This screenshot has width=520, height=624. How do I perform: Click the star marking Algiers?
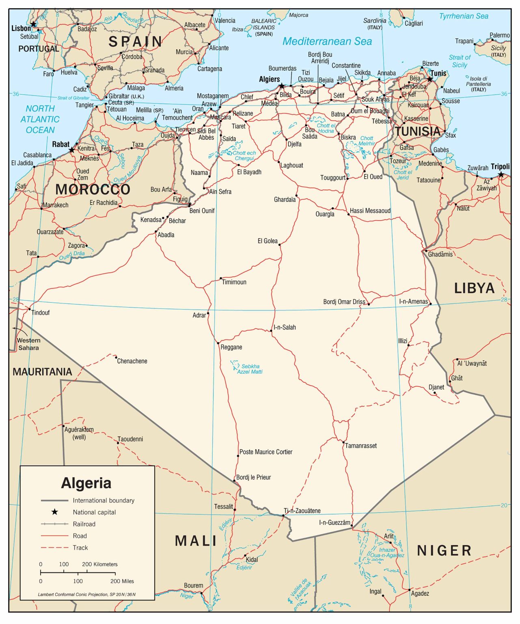click(x=281, y=86)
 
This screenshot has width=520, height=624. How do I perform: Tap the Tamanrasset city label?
click(x=360, y=446)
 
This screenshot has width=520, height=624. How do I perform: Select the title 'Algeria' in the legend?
click(x=86, y=483)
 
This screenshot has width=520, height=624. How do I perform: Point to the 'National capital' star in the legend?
click(x=54, y=512)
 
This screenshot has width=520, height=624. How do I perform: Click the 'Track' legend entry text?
click(x=80, y=548)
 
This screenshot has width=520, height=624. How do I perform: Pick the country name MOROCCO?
click(x=93, y=189)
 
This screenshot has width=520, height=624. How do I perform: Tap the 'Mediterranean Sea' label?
click(x=327, y=41)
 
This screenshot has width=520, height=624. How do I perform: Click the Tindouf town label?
click(x=41, y=312)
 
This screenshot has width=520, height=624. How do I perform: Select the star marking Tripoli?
click(x=501, y=175)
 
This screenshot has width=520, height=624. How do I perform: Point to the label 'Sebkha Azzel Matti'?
click(x=250, y=369)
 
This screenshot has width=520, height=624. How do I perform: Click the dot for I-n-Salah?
click(x=271, y=331)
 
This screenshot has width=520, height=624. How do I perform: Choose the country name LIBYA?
click(x=474, y=288)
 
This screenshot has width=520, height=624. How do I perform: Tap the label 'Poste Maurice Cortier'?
click(x=266, y=452)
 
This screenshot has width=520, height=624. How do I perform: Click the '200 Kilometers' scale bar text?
click(x=99, y=564)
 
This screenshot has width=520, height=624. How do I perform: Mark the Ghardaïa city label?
click(x=285, y=199)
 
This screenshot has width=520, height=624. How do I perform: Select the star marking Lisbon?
click(x=33, y=24)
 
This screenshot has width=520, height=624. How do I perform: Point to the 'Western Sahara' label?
click(x=28, y=344)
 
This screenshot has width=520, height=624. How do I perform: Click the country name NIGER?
click(x=444, y=550)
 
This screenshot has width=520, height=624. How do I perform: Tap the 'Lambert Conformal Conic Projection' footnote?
click(x=86, y=594)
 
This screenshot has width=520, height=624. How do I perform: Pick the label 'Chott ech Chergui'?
click(x=244, y=156)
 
